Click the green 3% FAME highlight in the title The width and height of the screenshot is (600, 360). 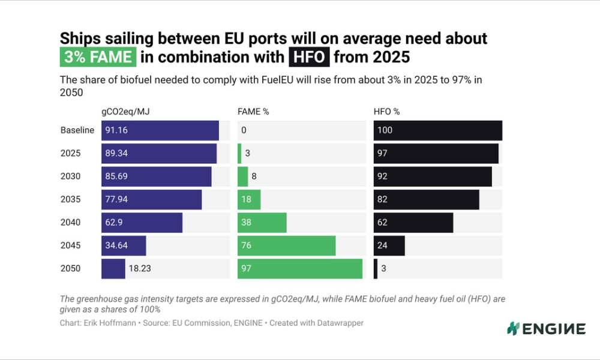point(98,58)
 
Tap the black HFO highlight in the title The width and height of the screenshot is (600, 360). point(308,58)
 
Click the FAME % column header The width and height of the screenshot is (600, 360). point(253,112)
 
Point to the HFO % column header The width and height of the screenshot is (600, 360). point(387,112)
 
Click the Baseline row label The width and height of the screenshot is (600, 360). point(77,130)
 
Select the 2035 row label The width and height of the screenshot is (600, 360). point(70,199)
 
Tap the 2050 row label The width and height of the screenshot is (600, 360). point(70,269)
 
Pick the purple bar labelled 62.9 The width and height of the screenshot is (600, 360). point(142,223)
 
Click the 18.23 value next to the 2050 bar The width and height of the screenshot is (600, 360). point(140,269)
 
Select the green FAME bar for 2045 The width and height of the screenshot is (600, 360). point(286,245)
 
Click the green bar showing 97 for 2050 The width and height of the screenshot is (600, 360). point(300,269)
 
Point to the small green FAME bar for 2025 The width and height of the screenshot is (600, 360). point(239,154)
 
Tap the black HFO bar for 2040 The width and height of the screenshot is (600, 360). point(413,223)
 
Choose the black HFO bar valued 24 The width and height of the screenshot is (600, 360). point(389,245)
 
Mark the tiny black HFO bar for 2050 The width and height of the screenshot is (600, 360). point(376,269)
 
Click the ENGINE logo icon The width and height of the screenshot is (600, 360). point(512,328)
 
